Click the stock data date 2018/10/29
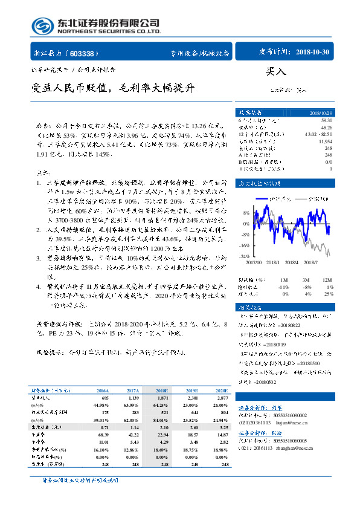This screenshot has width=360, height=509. (x=319, y=113)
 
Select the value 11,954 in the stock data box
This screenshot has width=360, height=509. (x=325, y=141)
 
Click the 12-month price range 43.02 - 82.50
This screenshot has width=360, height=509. (x=318, y=134)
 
